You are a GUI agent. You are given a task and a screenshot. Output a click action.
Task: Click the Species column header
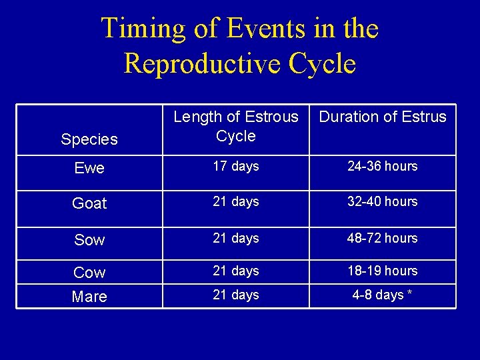click(89, 139)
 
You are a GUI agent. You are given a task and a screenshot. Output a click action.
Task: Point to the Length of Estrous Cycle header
click(236, 126)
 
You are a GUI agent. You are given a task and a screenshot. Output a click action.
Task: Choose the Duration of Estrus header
click(383, 117)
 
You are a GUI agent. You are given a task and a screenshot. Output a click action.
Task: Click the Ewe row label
click(89, 169)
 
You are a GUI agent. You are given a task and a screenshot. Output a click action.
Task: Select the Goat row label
click(89, 203)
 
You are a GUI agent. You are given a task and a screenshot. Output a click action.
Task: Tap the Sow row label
click(89, 240)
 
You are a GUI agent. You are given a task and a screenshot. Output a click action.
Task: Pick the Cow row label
click(89, 273)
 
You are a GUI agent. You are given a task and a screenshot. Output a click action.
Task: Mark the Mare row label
click(89, 297)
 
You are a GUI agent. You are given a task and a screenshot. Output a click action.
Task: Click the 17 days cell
click(236, 167)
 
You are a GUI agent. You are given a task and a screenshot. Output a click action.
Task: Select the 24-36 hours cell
click(383, 167)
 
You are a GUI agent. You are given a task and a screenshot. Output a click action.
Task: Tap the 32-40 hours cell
click(383, 201)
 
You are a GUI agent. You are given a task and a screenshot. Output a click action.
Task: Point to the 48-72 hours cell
click(383, 238)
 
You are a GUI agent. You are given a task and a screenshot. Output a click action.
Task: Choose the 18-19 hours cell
click(383, 271)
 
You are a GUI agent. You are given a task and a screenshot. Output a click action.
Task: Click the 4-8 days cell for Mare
click(378, 295)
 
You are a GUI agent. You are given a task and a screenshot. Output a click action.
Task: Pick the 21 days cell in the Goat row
click(236, 201)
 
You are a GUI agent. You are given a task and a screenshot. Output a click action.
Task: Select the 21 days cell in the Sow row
click(236, 238)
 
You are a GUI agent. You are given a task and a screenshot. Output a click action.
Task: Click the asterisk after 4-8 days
click(409, 294)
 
